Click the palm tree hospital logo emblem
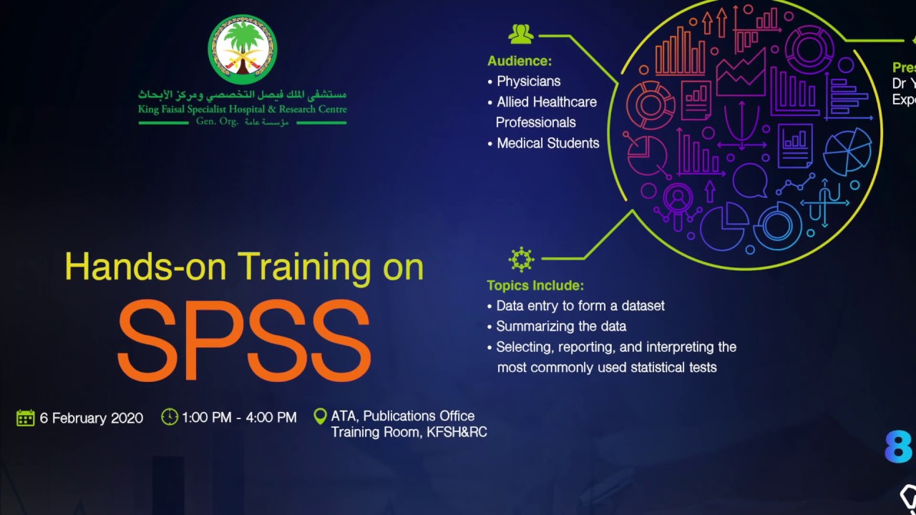[x=243, y=49]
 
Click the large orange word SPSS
[x=243, y=340]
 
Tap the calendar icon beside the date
[x=26, y=418]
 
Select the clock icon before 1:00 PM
[x=170, y=417]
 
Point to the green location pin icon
[x=321, y=416]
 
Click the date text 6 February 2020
[x=92, y=418]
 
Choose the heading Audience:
[x=520, y=62]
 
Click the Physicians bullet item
[x=528, y=82]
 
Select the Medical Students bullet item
[x=547, y=143]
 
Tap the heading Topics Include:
[x=535, y=285]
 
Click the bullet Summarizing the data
[x=561, y=326]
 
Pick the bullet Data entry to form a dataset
[x=580, y=306]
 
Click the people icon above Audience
[x=521, y=34]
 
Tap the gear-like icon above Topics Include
[x=521, y=259]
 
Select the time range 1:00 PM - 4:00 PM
[x=239, y=418]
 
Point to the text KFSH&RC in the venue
[x=457, y=432]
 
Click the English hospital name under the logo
[x=243, y=109]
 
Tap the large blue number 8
[x=899, y=446]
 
